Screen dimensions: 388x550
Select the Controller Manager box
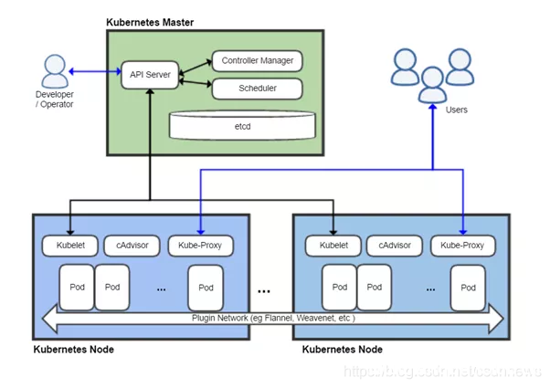257,61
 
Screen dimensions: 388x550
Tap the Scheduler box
257,89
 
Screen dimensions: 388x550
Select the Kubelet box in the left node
69,246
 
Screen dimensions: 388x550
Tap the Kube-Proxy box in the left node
200,246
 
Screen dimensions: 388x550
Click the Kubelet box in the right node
333,246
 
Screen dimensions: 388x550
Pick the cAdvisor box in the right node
395,246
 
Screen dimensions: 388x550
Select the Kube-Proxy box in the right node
463,246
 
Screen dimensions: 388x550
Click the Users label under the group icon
456,110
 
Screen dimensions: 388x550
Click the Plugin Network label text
273,319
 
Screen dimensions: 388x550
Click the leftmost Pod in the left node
76,287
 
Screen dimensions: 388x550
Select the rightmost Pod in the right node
468,287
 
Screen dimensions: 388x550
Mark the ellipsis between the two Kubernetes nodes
263,291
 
